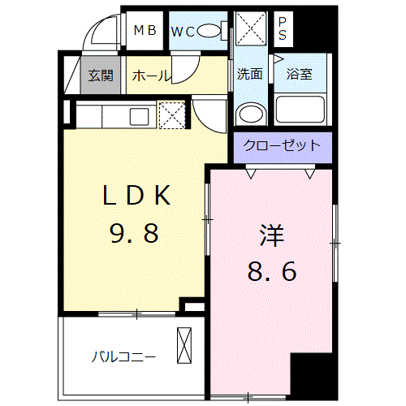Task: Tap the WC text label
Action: pos(183,32)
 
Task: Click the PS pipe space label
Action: pos(283,29)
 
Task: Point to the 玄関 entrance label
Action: pos(101,76)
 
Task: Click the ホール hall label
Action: pos(150,76)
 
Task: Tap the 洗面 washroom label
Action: pos(249,74)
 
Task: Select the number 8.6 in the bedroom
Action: pos(271,270)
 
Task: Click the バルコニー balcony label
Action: pos(123,356)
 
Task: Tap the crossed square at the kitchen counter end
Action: pos(172,114)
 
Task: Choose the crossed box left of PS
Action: pos(252,29)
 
